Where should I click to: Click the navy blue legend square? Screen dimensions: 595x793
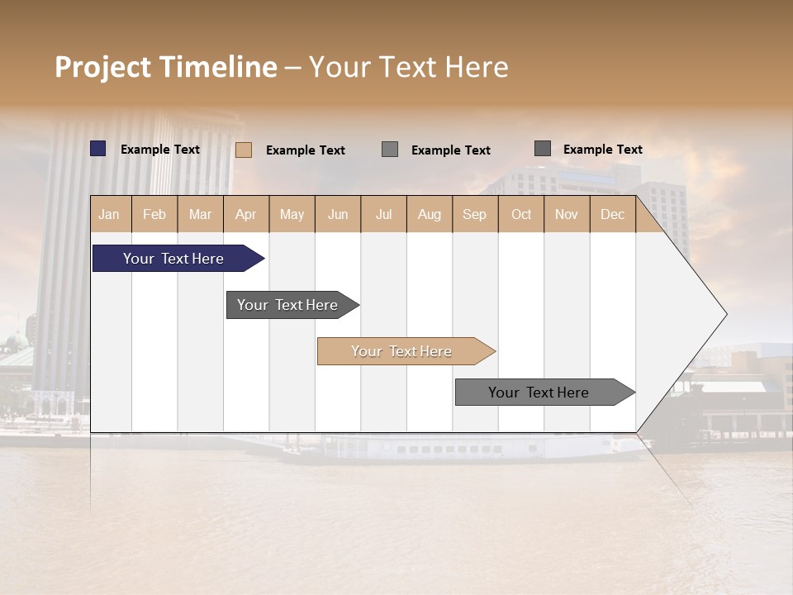(98, 149)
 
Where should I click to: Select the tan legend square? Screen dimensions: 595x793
(244, 150)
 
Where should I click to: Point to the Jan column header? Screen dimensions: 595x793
(109, 214)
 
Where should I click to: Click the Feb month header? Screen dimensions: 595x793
(154, 214)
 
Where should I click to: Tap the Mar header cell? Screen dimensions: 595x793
(200, 214)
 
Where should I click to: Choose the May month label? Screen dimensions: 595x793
(292, 214)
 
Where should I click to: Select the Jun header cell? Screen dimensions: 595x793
(338, 214)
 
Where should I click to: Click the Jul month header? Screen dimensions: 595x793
(383, 214)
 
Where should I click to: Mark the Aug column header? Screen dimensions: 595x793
(430, 214)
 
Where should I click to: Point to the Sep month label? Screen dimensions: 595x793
(475, 214)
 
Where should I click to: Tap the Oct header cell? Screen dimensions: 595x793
(521, 214)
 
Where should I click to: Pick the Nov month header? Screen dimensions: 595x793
(567, 214)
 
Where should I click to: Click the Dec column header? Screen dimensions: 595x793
(613, 214)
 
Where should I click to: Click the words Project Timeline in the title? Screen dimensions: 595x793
(166, 67)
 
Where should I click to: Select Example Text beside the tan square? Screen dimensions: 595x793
(306, 150)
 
